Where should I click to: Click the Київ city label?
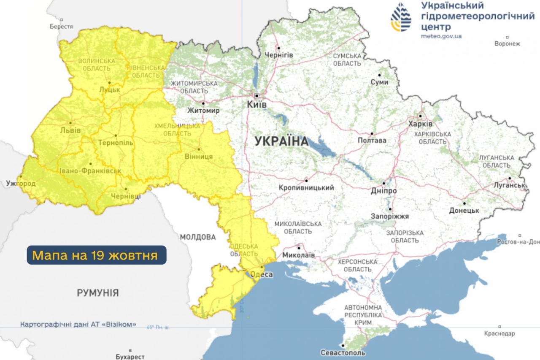tap(257, 104)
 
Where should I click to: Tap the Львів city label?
tap(70, 130)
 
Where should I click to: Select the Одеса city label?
tap(262, 274)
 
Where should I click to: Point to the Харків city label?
tap(420, 124)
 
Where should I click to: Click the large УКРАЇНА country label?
tap(282, 141)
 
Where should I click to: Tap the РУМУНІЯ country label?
tap(97, 292)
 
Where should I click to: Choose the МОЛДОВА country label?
tap(198, 237)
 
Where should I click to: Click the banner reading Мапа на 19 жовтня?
tap(97, 255)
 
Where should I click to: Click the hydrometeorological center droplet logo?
tap(401, 17)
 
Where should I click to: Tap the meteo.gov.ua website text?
tap(441, 36)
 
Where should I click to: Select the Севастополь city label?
tap(343, 352)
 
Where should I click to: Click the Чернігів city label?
tap(278, 55)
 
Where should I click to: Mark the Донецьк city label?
tap(464, 210)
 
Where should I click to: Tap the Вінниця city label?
tap(199, 157)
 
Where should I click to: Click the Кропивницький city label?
tap(306, 187)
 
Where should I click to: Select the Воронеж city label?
tap(507, 43)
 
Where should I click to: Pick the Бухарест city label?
tap(130, 357)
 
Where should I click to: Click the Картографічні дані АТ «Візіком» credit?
tap(78, 325)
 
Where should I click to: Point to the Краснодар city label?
tap(500, 333)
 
